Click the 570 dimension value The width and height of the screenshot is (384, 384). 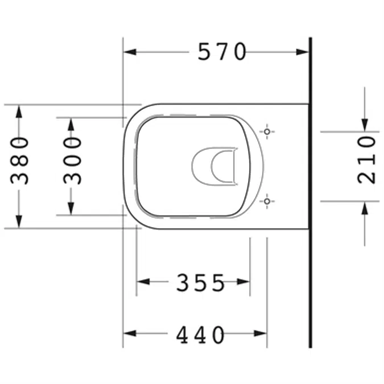click(222, 52)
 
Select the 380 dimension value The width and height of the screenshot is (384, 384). click(20, 160)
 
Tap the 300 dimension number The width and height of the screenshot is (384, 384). click(72, 160)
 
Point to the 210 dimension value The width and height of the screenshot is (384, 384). click(367, 159)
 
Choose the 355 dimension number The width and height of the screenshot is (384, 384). click(200, 282)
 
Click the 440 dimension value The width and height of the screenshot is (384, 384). click(200, 335)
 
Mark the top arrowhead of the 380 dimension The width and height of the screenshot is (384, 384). click(20, 111)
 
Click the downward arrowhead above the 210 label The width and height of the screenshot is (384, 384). click(365, 125)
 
